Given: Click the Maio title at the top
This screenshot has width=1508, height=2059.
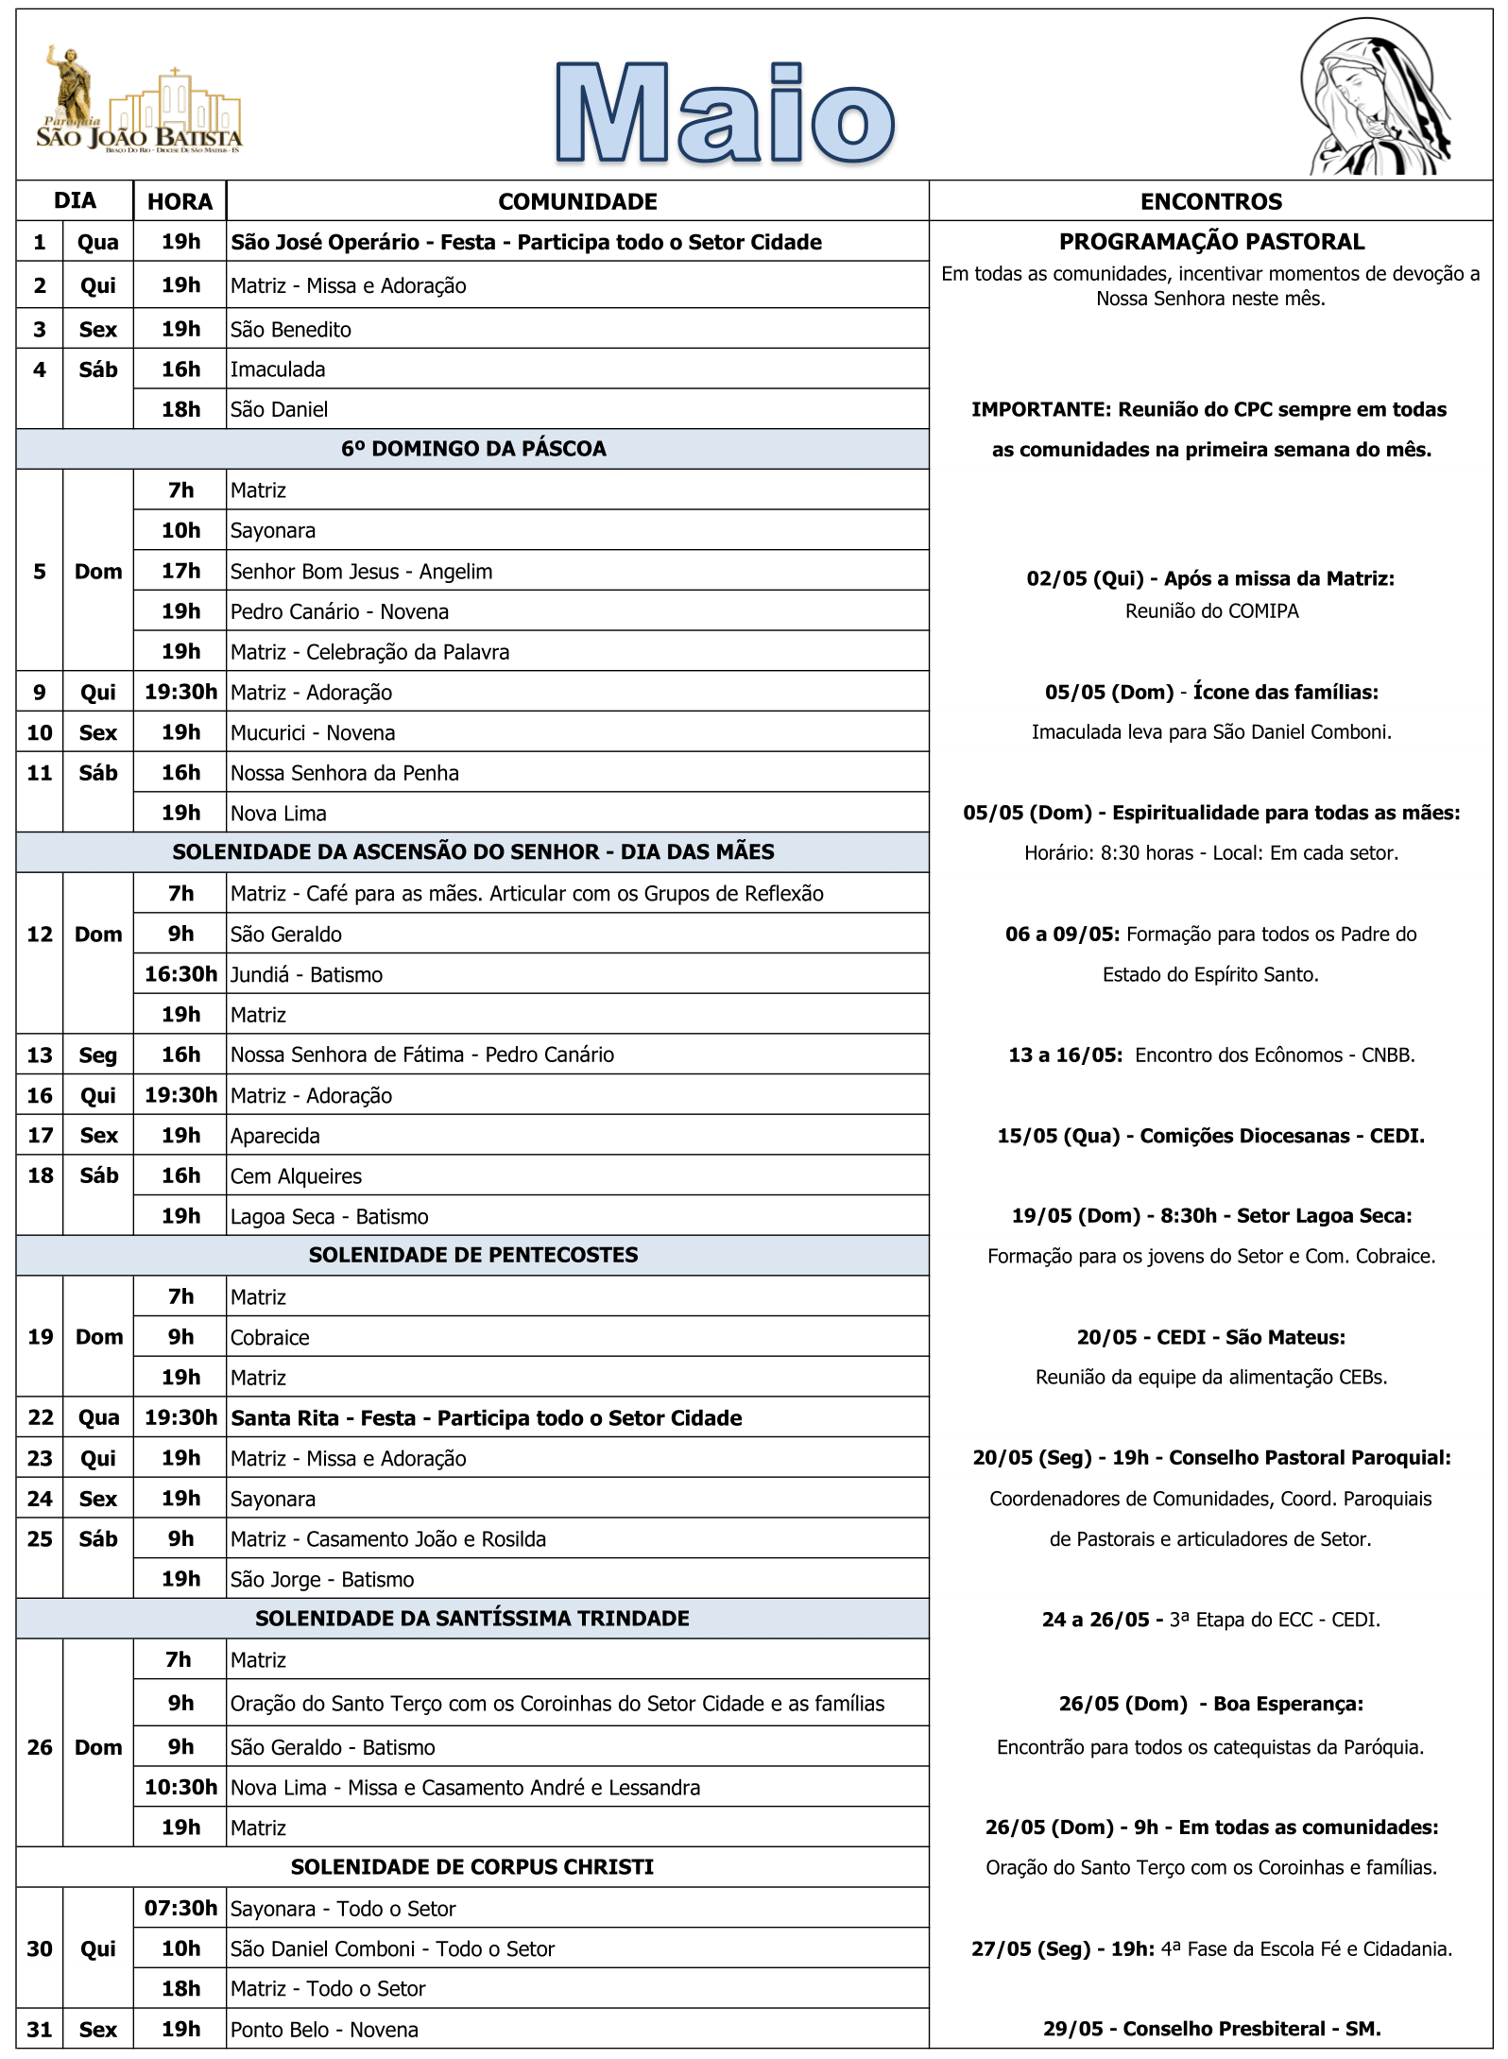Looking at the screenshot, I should pyautogui.click(x=725, y=113).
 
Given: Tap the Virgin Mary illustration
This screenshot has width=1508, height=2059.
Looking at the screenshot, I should pyautogui.click(x=1375, y=99).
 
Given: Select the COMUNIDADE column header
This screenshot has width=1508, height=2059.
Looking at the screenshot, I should pyautogui.click(x=577, y=201).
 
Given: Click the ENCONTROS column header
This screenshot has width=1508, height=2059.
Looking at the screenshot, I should pyautogui.click(x=1210, y=201).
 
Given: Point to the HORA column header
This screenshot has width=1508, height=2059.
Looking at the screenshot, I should pyautogui.click(x=180, y=201).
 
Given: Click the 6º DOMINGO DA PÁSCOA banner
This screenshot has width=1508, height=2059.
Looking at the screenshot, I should pyautogui.click(x=473, y=449).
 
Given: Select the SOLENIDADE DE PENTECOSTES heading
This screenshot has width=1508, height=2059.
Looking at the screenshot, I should pyautogui.click(x=473, y=1255).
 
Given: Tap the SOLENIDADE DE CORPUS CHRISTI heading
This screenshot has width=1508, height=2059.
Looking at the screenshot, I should pyautogui.click(x=472, y=1867).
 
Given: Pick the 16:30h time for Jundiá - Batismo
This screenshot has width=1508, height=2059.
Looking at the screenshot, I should pyautogui.click(x=180, y=974).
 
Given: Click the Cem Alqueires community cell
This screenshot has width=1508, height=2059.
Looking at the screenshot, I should pyautogui.click(x=297, y=1176).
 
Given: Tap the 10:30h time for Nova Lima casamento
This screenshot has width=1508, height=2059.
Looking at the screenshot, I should pyautogui.click(x=180, y=1788).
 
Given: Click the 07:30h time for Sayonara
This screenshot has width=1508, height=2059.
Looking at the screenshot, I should pyautogui.click(x=180, y=1909).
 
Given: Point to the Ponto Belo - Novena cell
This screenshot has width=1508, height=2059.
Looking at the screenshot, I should pyautogui.click(x=325, y=2030).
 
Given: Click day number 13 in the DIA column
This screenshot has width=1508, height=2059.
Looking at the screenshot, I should pyautogui.click(x=40, y=1055).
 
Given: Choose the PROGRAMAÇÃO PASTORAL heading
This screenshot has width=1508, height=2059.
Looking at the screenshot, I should pyautogui.click(x=1211, y=242).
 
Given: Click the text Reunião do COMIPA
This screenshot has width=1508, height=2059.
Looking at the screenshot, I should pyautogui.click(x=1211, y=611).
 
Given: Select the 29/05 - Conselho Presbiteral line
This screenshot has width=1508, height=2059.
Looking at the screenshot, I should pyautogui.click(x=1211, y=2029).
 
